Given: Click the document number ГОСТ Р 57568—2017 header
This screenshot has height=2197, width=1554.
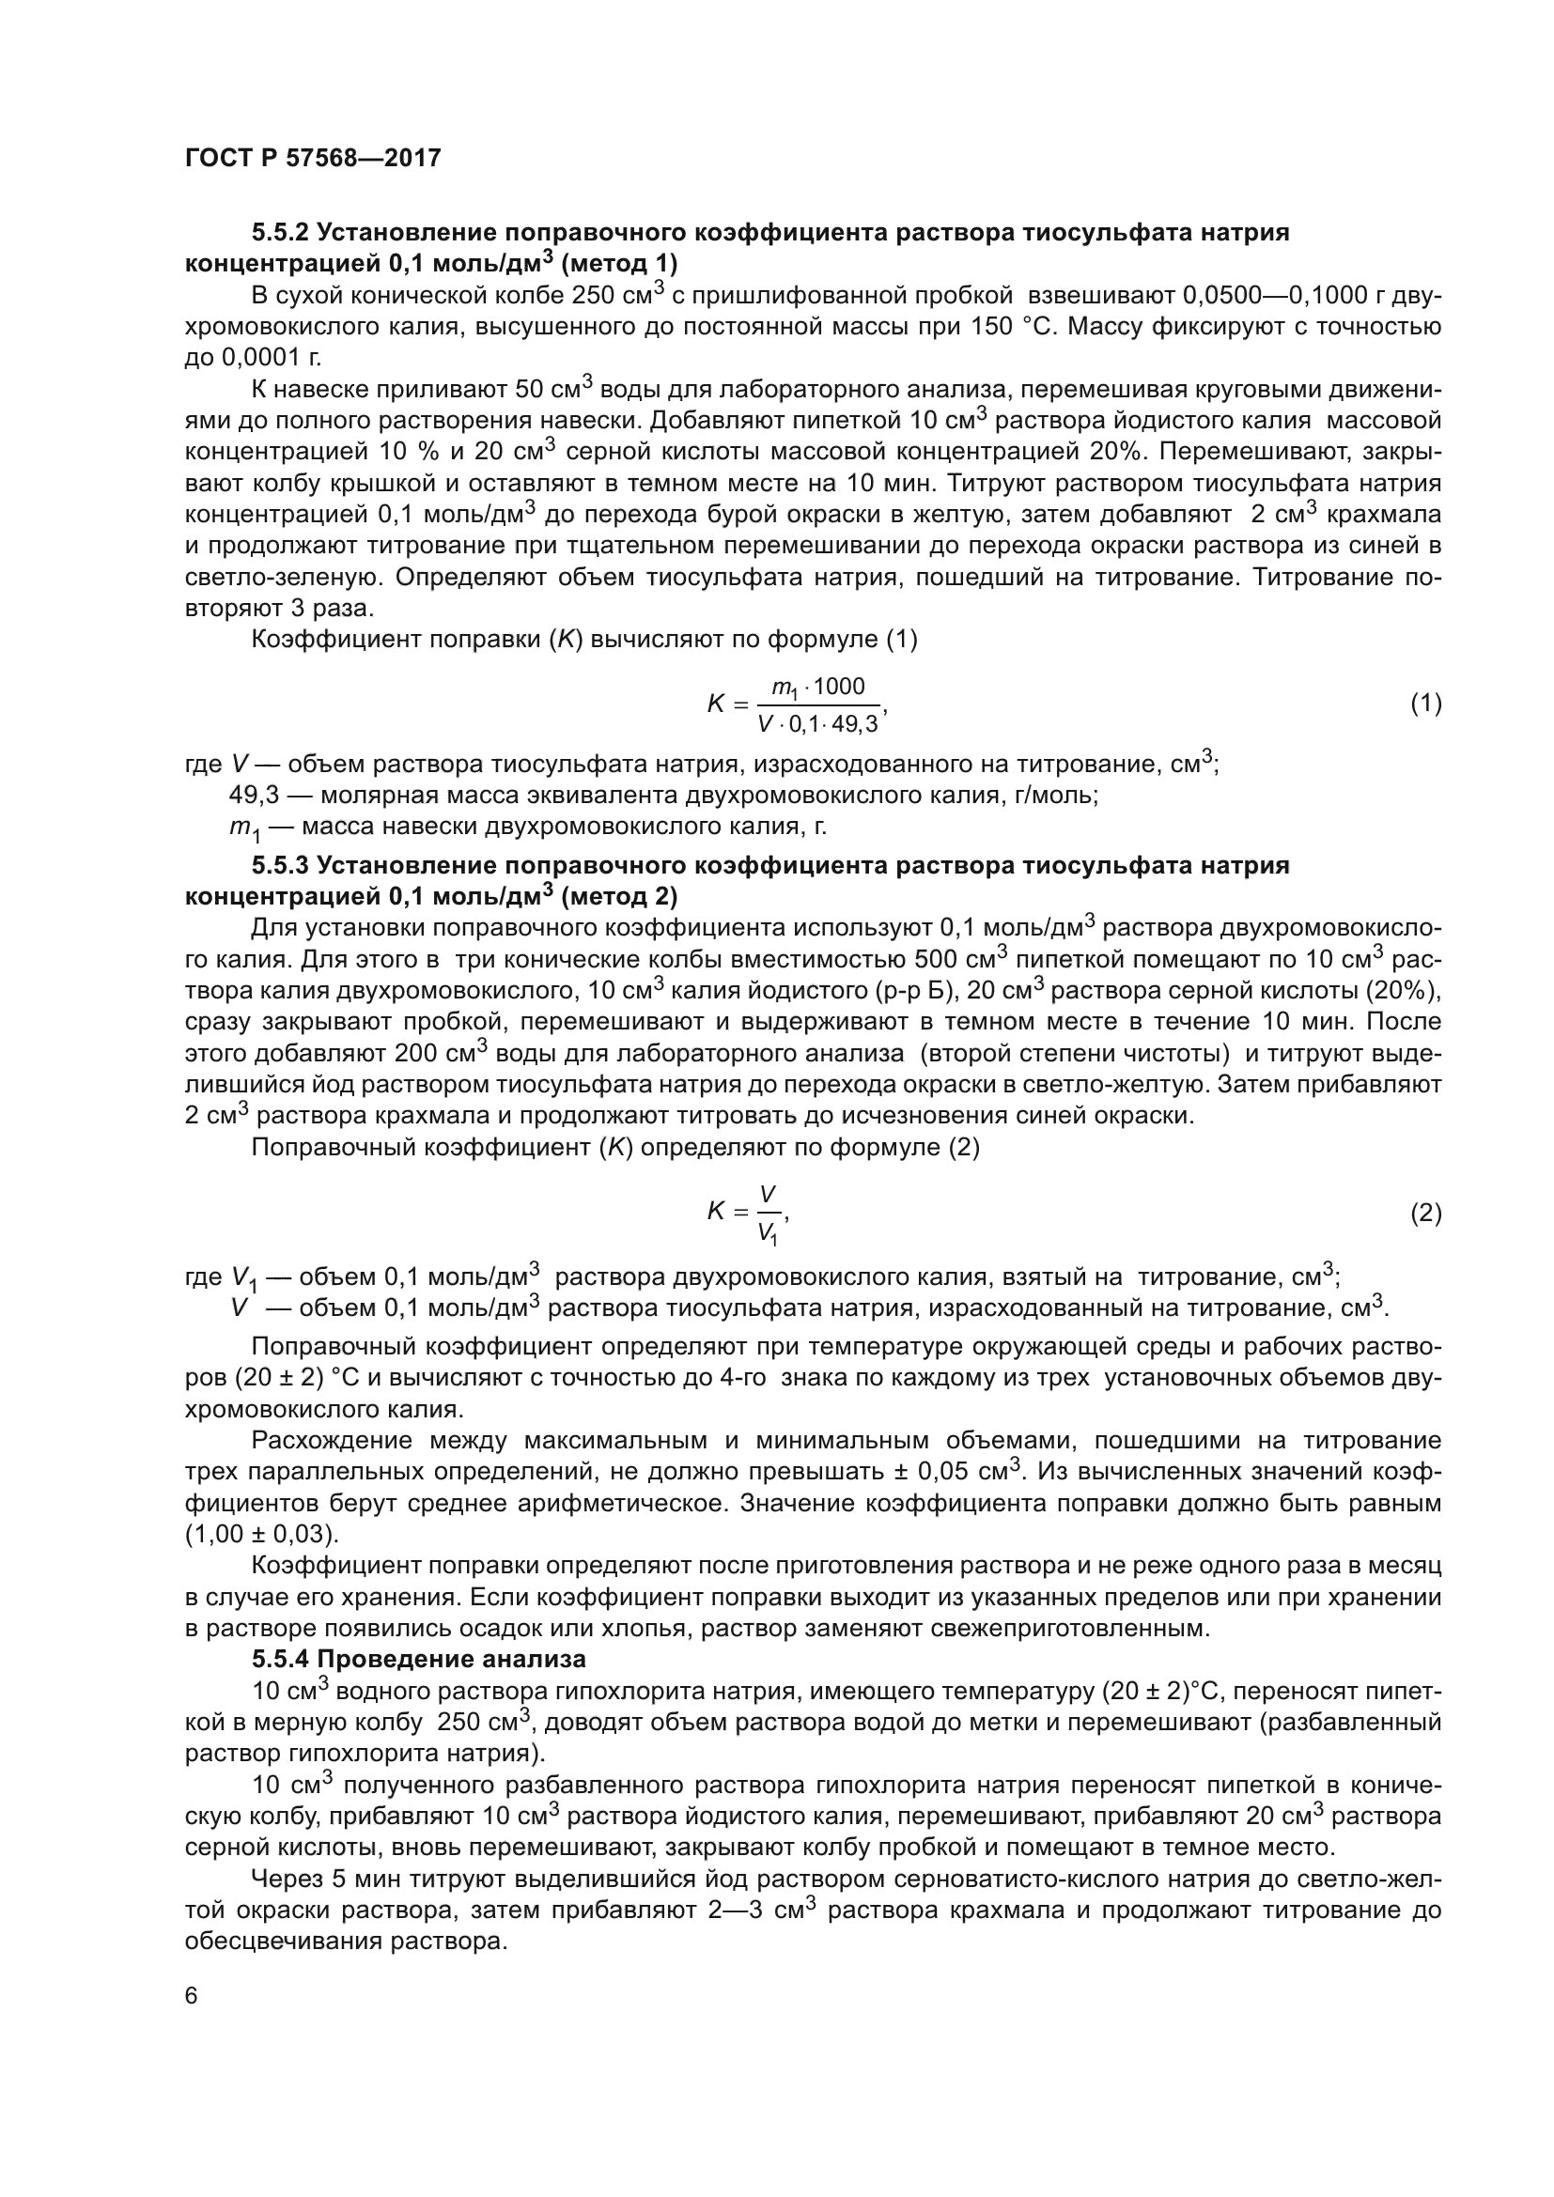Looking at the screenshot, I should [x=313, y=158].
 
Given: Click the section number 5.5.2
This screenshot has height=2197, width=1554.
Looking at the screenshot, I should [x=279, y=233].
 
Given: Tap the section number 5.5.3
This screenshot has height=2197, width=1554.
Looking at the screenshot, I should [x=279, y=866].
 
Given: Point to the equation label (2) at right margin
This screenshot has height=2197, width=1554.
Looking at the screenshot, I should [x=1426, y=1214].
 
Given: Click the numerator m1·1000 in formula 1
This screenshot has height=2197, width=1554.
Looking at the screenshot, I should [x=817, y=688].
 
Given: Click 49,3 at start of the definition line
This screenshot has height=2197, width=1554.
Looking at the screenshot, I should [x=253, y=796].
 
